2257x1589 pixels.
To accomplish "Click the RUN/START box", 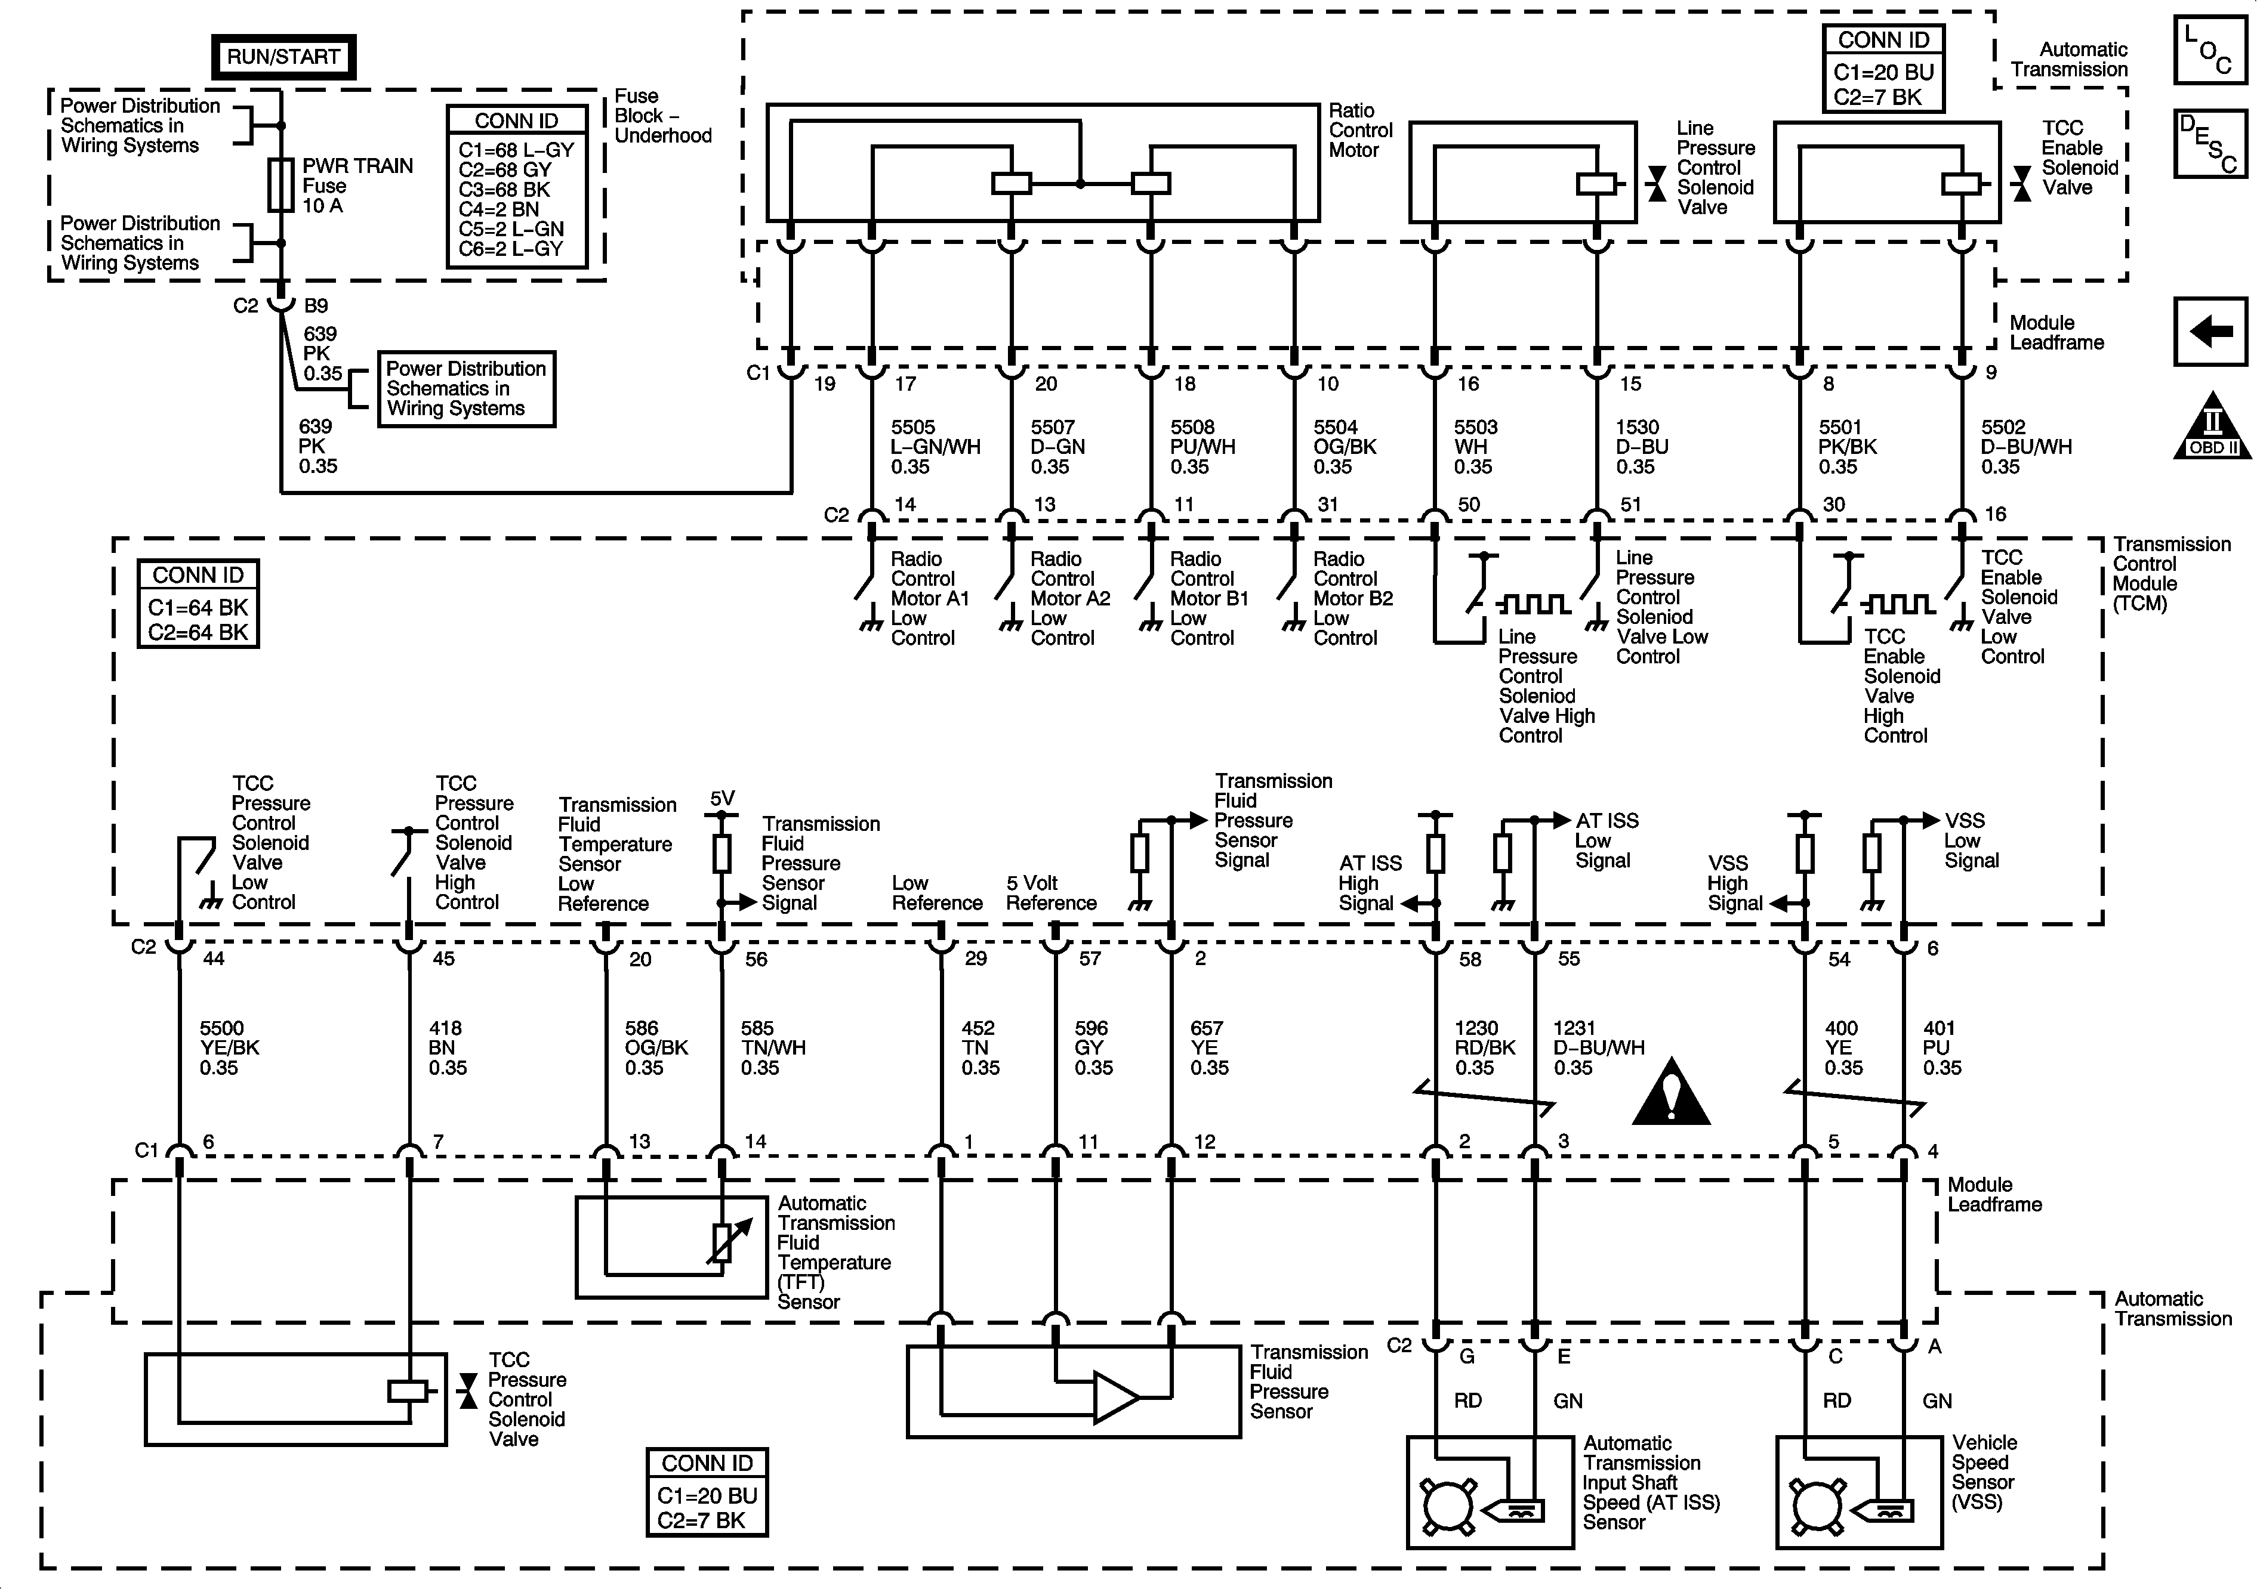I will coord(283,57).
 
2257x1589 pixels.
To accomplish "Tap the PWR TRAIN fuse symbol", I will coord(281,186).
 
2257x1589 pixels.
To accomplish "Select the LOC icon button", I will coord(2210,49).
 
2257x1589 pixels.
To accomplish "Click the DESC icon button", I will coord(2210,144).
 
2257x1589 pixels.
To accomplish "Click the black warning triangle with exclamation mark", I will coord(1671,1093).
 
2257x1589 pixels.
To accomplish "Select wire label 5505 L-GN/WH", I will coord(935,447).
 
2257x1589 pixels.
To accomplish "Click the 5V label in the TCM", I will coord(723,799).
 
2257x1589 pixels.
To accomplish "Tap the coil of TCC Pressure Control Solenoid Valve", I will coord(408,1392).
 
